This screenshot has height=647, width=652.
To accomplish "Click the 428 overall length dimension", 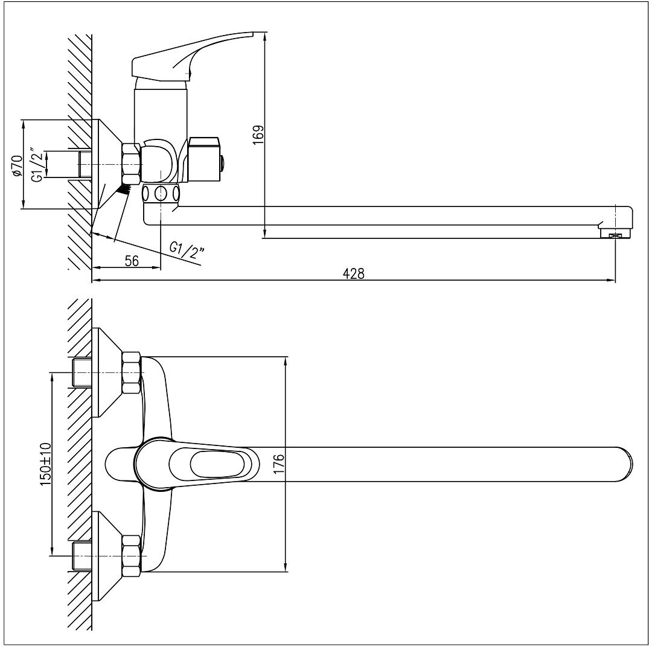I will point(354,273).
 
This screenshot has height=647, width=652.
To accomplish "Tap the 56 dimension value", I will point(132,261).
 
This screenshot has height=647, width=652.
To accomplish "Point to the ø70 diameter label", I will point(17,165).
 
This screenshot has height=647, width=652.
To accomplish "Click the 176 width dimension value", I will point(278,464).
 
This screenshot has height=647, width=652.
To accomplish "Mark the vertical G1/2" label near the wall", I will point(37,165).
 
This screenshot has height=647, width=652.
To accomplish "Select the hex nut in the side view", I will point(132,164).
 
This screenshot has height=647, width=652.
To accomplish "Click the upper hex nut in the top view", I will point(132,372).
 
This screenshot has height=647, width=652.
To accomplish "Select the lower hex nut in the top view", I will point(132,555).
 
